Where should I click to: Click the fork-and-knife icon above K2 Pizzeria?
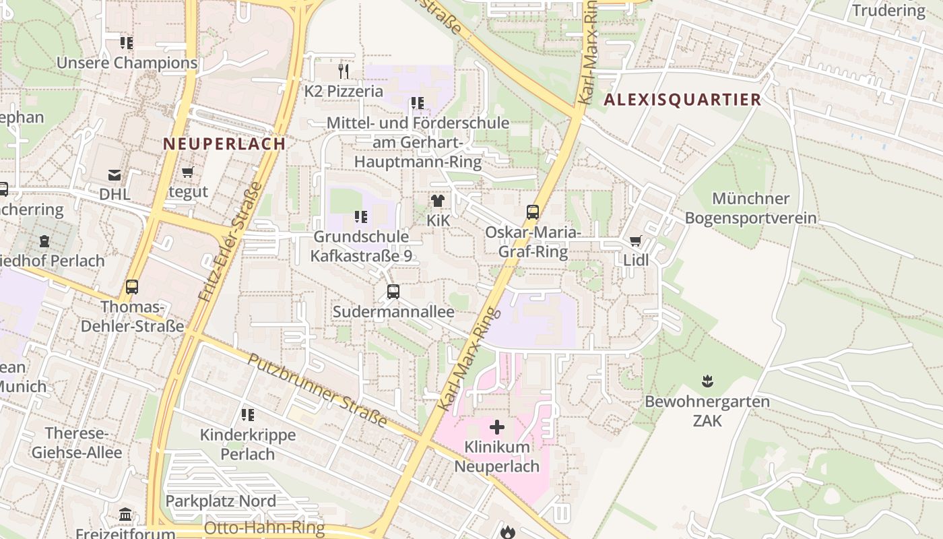(x=344, y=70)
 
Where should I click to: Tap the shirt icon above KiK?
(x=438, y=200)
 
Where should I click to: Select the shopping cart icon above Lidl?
(x=635, y=241)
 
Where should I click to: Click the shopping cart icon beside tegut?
(x=188, y=172)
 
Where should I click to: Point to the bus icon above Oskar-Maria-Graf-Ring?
(x=533, y=212)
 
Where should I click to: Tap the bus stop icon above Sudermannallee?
(x=393, y=292)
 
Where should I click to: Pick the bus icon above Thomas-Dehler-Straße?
(x=132, y=287)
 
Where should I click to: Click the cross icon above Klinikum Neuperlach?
(x=497, y=427)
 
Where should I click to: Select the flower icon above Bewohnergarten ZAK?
(x=707, y=381)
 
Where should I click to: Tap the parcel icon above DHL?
(x=115, y=175)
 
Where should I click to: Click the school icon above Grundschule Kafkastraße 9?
(x=361, y=217)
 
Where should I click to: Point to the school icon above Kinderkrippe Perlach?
(x=248, y=415)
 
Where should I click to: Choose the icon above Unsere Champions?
(x=127, y=43)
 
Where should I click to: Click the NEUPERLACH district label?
(x=224, y=144)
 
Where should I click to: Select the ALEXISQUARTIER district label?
(x=682, y=100)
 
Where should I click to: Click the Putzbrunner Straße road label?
(x=317, y=390)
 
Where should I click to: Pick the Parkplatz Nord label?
(x=220, y=501)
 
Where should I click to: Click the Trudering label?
(x=888, y=11)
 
